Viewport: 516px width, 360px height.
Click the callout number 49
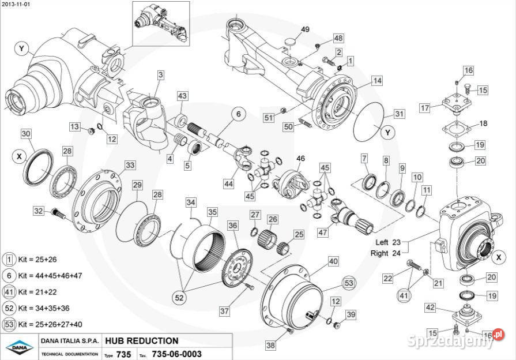[x=306, y=29]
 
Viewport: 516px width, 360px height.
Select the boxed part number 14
[x=377, y=81]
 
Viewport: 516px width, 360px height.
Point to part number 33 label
[x=130, y=166]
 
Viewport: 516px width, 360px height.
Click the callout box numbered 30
[x=26, y=134]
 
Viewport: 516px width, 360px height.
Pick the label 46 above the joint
[x=300, y=159]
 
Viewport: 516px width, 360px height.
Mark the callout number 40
[x=333, y=261]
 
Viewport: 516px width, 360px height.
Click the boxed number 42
[x=430, y=307]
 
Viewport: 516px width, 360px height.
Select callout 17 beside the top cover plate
[x=425, y=108]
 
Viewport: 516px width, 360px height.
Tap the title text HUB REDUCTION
[x=141, y=341]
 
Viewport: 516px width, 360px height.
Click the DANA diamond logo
[x=20, y=347]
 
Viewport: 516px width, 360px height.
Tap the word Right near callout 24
[x=380, y=253]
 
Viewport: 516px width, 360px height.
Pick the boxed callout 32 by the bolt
[x=39, y=211]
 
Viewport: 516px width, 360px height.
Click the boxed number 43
[x=182, y=96]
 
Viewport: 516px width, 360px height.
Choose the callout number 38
[x=271, y=346]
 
